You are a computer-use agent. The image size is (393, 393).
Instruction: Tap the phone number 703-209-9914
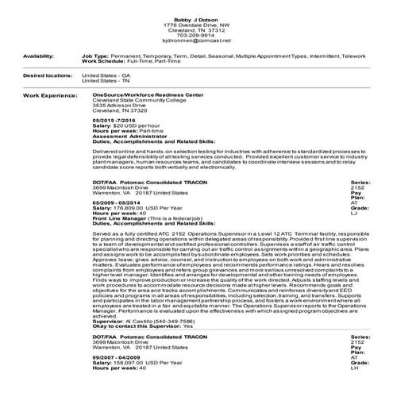[x=196, y=34]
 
